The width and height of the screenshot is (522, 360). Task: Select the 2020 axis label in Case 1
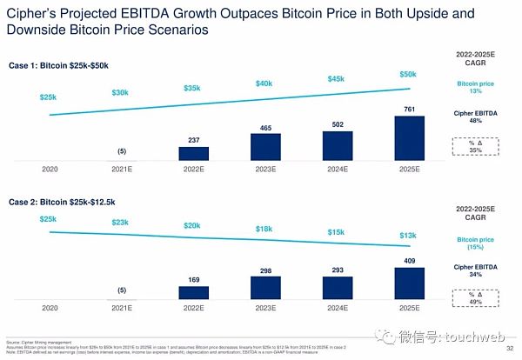click(x=50, y=170)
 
